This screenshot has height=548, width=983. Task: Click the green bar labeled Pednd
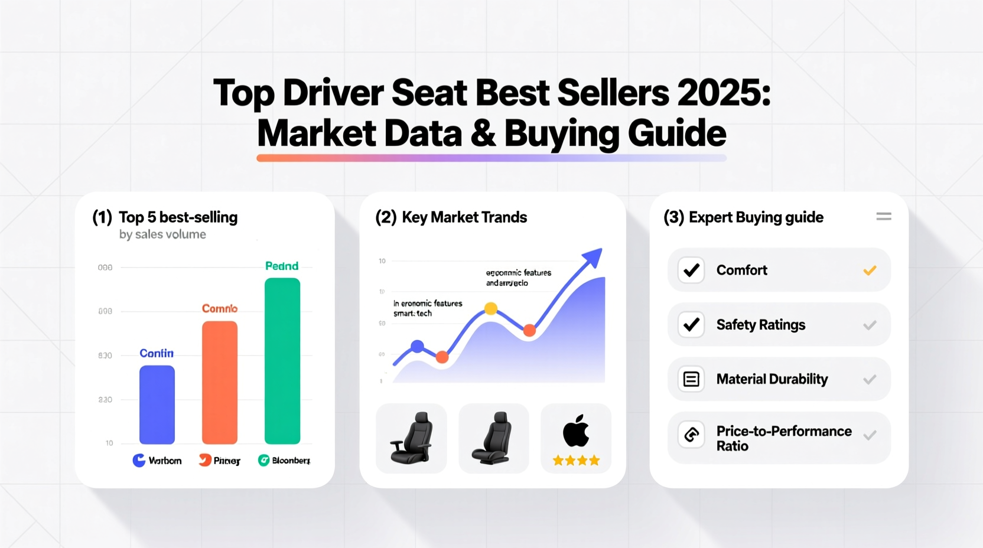pos(282,361)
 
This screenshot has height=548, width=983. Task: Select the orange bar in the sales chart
pos(220,382)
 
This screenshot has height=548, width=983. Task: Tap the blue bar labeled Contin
pos(157,405)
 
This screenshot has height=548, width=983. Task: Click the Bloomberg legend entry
pos(284,461)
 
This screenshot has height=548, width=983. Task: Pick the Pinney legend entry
pos(220,461)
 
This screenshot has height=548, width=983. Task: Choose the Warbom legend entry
pos(157,461)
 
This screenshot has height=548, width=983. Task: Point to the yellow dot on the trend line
pos(491,308)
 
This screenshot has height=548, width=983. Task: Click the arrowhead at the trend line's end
pos(593,257)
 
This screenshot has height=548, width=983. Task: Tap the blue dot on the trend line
pos(417,347)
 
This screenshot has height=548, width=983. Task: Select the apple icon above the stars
pos(576,430)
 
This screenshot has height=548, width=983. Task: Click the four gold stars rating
pos(576,461)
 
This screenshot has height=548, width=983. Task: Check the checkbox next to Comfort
pos(691,270)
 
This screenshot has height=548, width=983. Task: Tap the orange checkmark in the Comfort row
pos(870,270)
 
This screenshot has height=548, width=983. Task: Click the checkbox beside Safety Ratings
pos(691,325)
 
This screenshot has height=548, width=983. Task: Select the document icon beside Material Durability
pos(691,379)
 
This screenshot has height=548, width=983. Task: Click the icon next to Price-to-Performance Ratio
pos(691,435)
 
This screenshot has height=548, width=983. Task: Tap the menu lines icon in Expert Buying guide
pos(884,217)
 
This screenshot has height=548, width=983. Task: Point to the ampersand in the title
pos(483,133)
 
